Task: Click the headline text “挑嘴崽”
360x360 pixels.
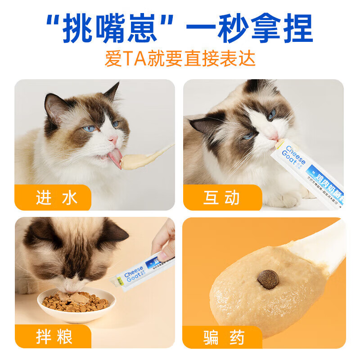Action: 112,29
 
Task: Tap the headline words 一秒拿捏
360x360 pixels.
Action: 250,29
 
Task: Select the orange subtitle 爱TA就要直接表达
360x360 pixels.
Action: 180,58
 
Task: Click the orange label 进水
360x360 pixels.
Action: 56,198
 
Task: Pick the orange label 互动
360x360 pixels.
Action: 221,198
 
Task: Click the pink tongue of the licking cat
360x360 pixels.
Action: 115,157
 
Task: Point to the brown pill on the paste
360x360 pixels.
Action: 268,279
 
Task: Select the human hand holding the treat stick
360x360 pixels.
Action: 165,243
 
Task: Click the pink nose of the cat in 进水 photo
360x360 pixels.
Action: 113,140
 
